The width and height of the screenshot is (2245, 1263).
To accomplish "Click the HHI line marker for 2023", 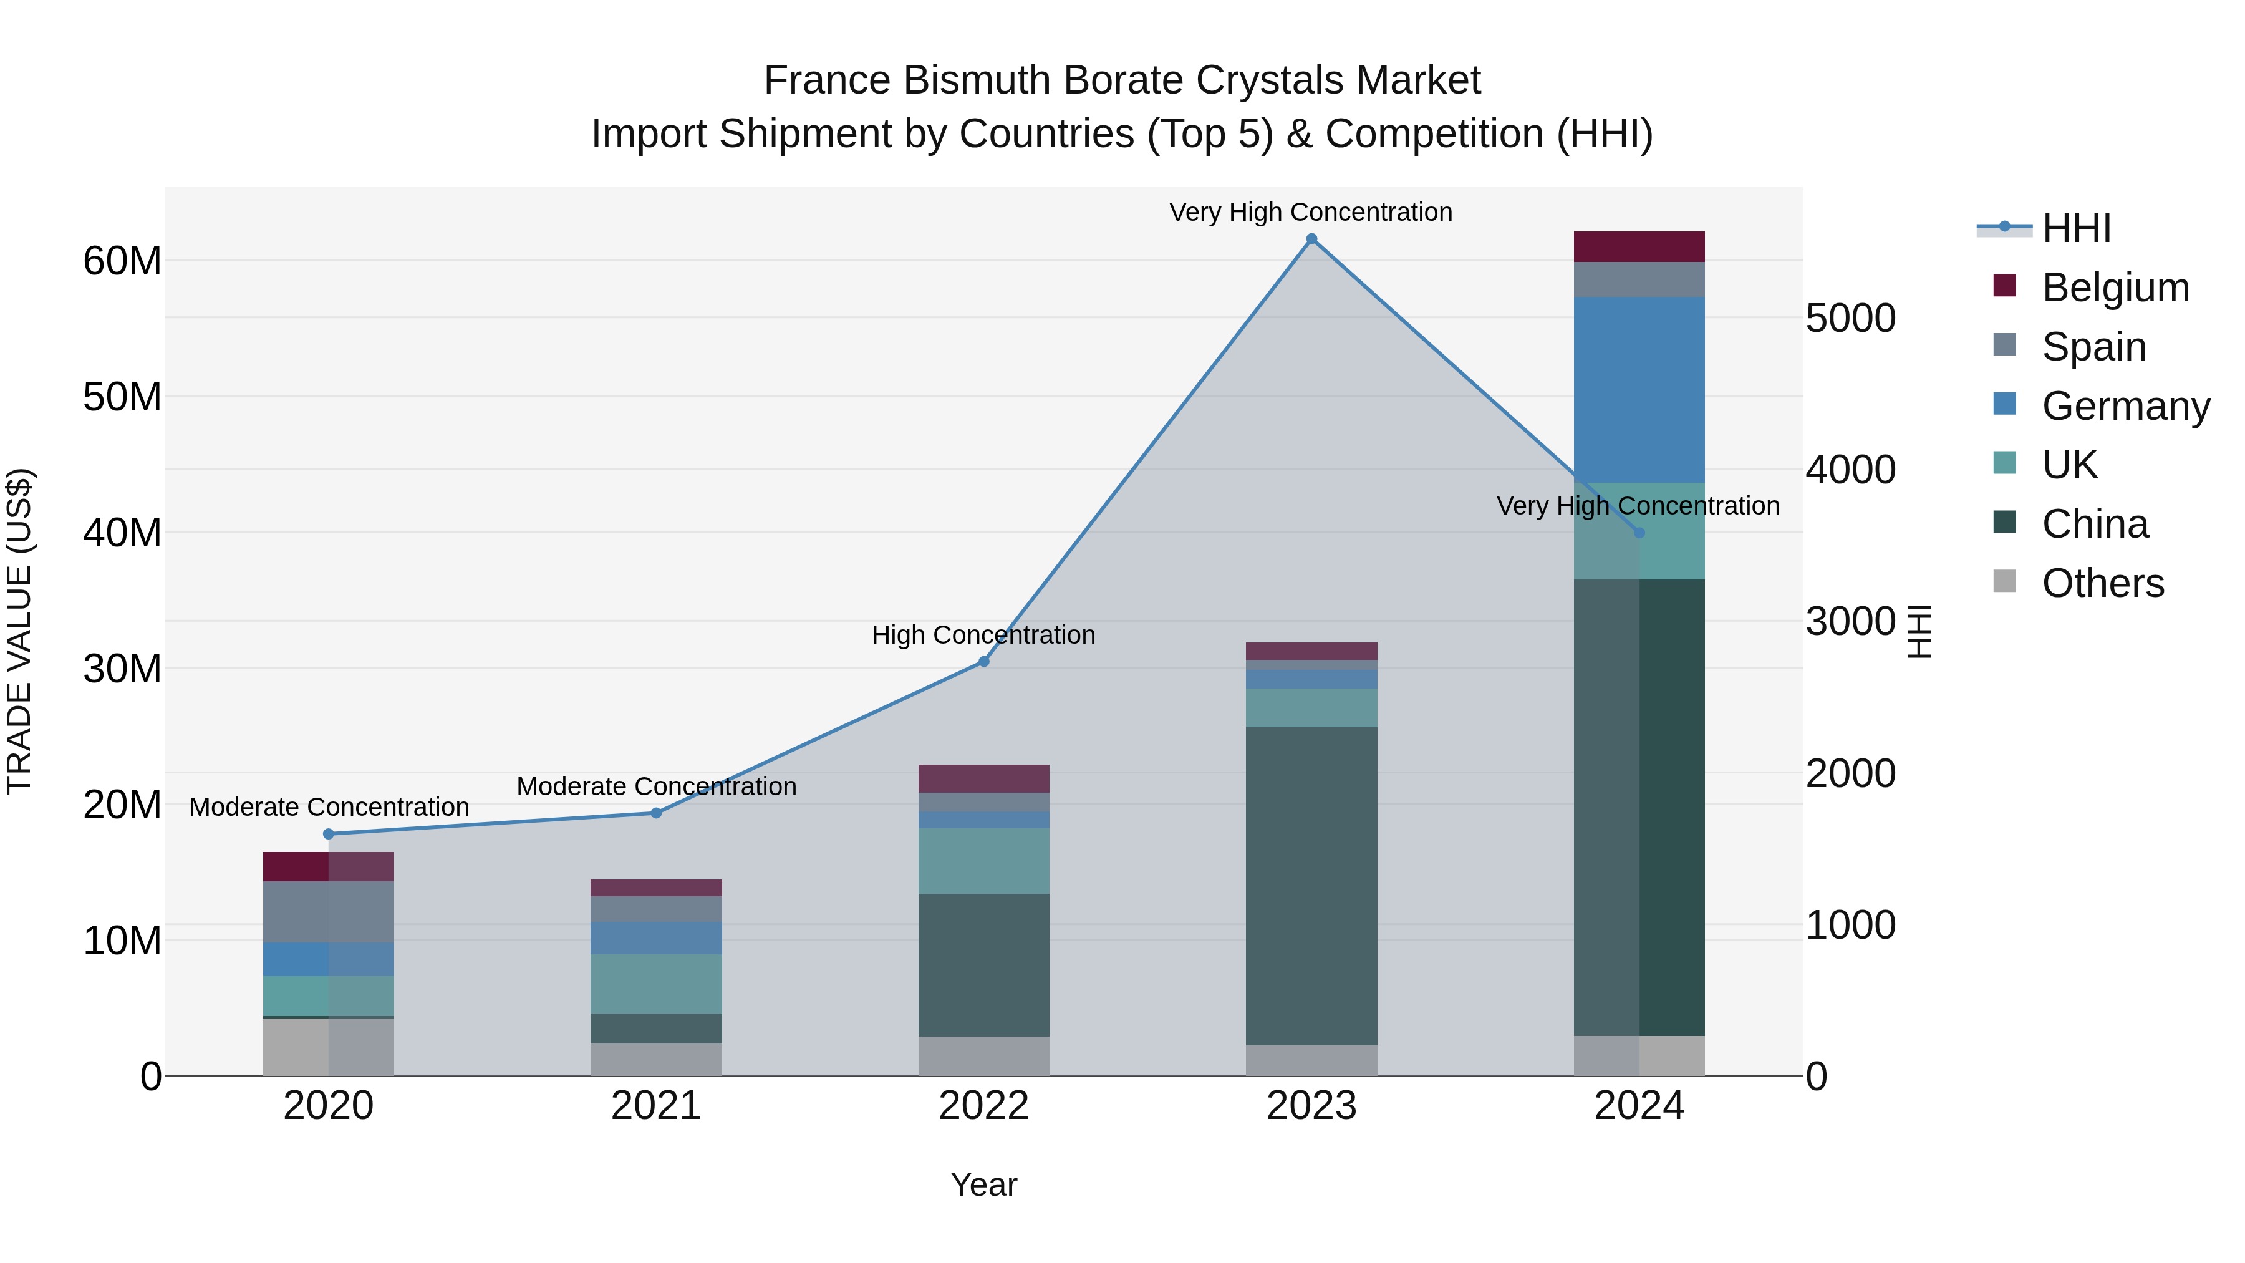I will [x=1311, y=239].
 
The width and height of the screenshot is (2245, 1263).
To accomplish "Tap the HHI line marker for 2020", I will [x=329, y=834].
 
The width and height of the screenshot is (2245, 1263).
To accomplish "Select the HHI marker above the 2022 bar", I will [x=984, y=662].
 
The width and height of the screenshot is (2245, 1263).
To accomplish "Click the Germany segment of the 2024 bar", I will [x=1639, y=390].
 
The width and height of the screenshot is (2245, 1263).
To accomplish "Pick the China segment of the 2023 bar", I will [x=1311, y=886].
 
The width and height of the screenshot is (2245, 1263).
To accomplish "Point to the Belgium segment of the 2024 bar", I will [x=1639, y=246].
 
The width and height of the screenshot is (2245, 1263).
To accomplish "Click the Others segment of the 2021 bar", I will [x=656, y=1059].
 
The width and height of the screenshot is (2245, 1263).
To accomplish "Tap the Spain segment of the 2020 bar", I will [x=329, y=912].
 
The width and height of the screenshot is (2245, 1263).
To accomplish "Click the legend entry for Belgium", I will [x=2115, y=288].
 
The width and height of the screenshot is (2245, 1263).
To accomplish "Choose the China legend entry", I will [x=2095, y=524].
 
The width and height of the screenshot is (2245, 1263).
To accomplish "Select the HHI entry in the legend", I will [x=2076, y=228].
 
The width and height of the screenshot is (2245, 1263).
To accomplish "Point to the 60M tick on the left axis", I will [x=122, y=261].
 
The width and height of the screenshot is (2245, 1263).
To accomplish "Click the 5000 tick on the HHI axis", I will [x=1850, y=318].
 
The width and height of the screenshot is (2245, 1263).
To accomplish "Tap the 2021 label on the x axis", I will [x=656, y=1106].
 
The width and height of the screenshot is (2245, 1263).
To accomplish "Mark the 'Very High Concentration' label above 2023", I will [x=1311, y=212].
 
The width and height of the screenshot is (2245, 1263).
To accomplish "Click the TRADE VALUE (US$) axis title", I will [x=19, y=631].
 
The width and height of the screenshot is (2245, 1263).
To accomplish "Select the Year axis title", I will [x=984, y=1184].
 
